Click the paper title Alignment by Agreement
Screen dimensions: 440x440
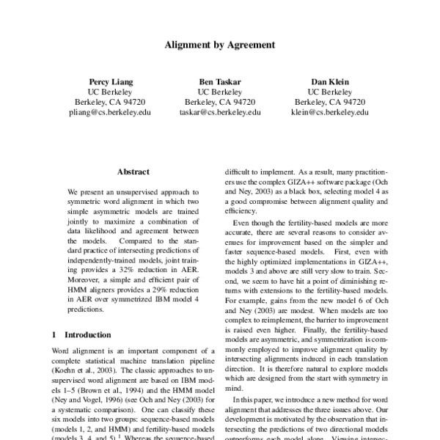(x=219, y=44)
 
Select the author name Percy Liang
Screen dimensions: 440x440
(x=109, y=81)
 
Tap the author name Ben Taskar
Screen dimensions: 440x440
(x=219, y=81)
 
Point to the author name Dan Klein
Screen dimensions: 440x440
(x=330, y=81)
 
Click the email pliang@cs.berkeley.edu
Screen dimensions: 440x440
(x=110, y=113)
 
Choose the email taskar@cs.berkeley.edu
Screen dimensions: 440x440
(x=220, y=113)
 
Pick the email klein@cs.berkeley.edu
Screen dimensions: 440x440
(x=330, y=113)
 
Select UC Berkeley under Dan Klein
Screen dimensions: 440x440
(x=330, y=92)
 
